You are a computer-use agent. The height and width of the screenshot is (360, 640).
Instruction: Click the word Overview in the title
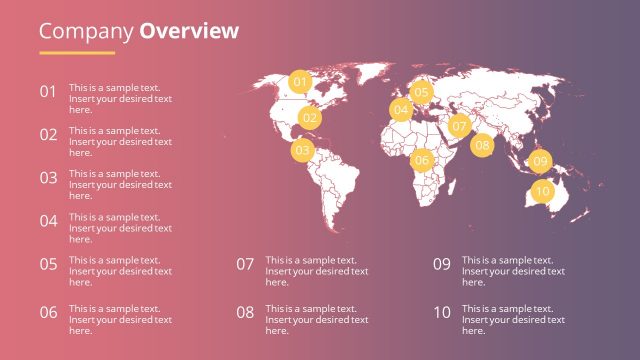pos(189,31)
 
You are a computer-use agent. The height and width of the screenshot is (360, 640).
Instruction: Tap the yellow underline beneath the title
pos(77,52)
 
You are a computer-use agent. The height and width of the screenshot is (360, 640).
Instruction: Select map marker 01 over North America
pos(300,81)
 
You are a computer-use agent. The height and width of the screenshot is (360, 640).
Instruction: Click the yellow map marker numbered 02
pos(310,117)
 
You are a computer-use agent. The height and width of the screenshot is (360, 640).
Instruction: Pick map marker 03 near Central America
pos(302,151)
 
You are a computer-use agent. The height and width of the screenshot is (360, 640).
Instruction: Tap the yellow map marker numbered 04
pos(401,110)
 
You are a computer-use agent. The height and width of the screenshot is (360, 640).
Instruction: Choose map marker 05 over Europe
pos(421,92)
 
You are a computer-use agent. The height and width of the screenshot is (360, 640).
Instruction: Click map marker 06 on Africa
pos(421,160)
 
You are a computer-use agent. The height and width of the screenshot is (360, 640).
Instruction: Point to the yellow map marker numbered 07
pos(459,126)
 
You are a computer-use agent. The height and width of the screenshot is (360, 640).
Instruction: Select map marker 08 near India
pos(483,145)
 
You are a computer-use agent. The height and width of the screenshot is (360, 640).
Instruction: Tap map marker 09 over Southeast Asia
pos(540,161)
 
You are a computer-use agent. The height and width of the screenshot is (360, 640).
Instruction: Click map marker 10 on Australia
pos(542,190)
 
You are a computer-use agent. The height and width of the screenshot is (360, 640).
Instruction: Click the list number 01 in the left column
pos(48,92)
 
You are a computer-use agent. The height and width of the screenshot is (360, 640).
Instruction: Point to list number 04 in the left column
pos(48,221)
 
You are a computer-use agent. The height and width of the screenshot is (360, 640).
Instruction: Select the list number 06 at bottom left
pos(48,312)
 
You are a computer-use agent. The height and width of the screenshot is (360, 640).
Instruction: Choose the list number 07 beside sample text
pos(245,265)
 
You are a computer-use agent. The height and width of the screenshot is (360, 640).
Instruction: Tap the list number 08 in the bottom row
pos(245,312)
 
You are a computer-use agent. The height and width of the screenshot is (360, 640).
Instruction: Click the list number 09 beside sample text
pos(442,265)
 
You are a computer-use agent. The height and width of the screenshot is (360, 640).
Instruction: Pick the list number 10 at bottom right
pos(442,312)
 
